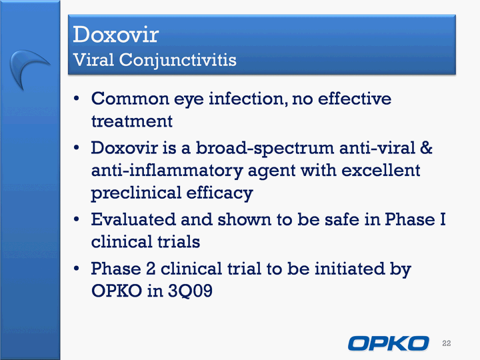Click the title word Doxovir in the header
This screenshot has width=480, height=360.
point(116,34)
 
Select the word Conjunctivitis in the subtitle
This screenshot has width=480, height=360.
point(178,60)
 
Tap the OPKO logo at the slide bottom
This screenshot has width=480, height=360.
point(389,343)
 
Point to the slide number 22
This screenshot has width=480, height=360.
point(446,343)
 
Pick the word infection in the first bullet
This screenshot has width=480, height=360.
point(248,99)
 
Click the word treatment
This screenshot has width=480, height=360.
point(132,121)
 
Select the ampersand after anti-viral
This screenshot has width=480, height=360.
point(426,148)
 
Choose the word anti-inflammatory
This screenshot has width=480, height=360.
point(167,171)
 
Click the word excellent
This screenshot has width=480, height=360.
point(381,170)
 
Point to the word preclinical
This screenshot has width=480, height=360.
point(137,193)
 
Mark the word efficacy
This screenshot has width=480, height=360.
point(219,193)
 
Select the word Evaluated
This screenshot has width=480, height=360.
point(133,219)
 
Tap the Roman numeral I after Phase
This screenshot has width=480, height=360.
point(443,219)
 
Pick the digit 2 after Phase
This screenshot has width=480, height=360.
point(151,269)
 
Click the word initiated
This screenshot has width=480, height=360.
point(350,269)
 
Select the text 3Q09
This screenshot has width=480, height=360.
point(190,291)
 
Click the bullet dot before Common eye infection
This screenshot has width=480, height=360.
point(76,99)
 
